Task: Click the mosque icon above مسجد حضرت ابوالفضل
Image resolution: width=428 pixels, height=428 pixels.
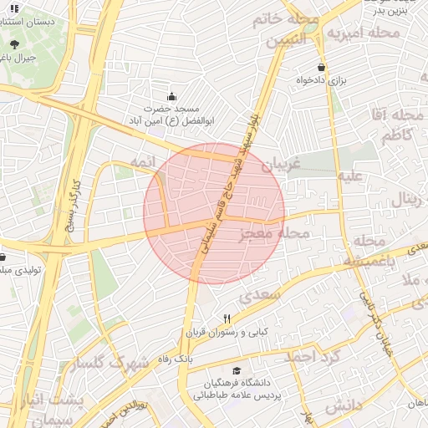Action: [x=171, y=96]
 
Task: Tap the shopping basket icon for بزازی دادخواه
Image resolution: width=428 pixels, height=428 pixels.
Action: [x=321, y=67]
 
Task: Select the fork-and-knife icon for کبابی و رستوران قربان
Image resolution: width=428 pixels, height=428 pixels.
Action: [x=226, y=319]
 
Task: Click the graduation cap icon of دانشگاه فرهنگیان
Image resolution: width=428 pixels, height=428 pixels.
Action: [x=237, y=370]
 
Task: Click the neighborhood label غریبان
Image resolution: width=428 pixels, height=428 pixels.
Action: [x=279, y=165]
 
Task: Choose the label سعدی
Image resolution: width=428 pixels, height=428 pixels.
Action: [x=256, y=297]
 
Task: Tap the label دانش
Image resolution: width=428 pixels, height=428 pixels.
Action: [x=345, y=406]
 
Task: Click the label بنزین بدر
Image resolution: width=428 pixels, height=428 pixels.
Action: [x=390, y=11]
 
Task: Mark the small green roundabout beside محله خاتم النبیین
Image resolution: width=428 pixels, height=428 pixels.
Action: [x=310, y=28]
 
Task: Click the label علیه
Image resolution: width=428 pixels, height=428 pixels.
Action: [x=349, y=176]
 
